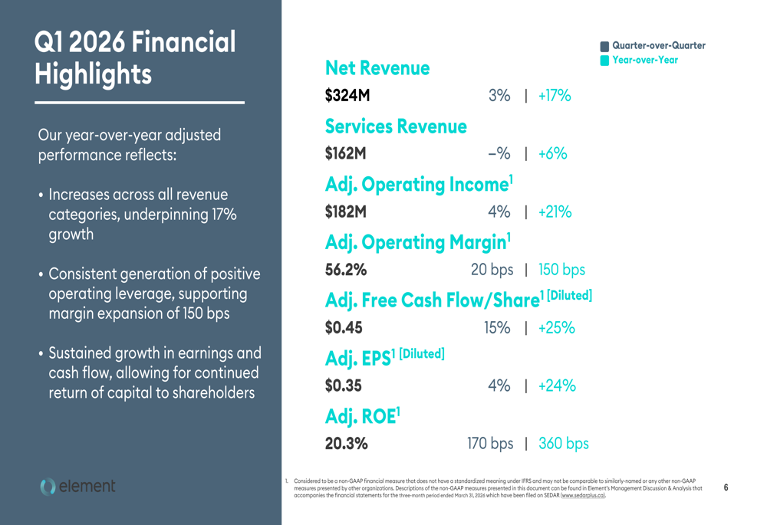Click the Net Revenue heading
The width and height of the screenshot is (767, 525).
377,68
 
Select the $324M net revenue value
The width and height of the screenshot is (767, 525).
347,95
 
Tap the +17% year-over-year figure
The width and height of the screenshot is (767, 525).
555,95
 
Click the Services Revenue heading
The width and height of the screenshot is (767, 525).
396,126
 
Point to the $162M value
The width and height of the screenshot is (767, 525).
345,153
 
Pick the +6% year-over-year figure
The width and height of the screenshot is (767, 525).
553,153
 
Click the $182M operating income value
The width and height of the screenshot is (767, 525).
345,212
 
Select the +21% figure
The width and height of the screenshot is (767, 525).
555,212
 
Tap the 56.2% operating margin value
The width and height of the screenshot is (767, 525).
346,269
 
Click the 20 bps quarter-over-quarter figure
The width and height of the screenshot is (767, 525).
492,269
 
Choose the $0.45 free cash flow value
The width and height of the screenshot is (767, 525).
344,327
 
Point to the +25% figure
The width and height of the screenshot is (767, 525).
557,327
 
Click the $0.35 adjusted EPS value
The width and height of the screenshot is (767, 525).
343,386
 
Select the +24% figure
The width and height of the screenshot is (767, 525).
557,386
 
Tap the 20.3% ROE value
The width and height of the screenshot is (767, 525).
347,443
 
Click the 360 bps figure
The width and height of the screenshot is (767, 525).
564,443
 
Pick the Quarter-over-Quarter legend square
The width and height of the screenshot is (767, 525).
604,47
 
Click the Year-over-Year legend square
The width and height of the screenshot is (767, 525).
604,61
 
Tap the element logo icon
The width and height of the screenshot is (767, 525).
48,487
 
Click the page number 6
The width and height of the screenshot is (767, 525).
726,487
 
